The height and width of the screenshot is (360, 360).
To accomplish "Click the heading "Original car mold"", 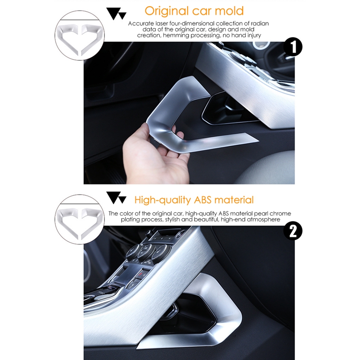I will click(194, 11).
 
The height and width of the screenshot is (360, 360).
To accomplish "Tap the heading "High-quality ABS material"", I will click(194, 199).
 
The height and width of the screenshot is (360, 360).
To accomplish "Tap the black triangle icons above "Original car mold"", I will click(116, 13).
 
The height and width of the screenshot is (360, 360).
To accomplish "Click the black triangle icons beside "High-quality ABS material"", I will click(116, 198).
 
